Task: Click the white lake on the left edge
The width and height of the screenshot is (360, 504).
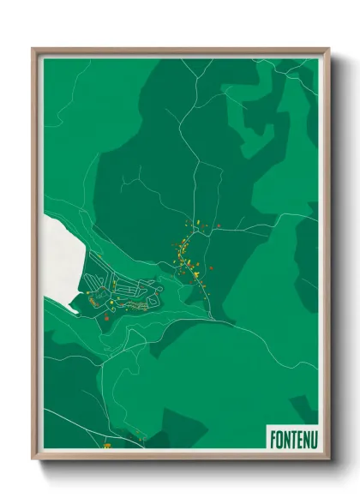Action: (60, 253)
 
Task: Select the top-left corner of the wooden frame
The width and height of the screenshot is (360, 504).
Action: (33, 50)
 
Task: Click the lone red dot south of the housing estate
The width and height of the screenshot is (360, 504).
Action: (106, 318)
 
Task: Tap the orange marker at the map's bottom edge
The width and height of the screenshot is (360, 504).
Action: (107, 446)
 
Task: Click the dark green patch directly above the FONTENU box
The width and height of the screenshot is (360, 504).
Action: (303, 406)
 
